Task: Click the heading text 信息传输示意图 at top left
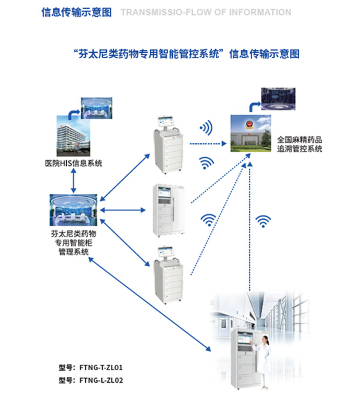tap(76, 12)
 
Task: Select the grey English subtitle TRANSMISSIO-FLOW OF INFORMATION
tap(206, 12)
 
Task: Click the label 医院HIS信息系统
tap(74, 163)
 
